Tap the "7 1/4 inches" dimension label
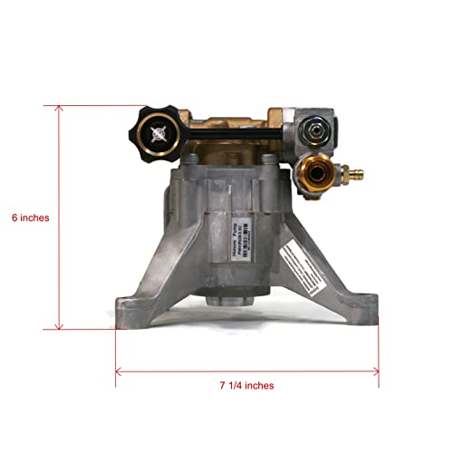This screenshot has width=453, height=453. [246, 385]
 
